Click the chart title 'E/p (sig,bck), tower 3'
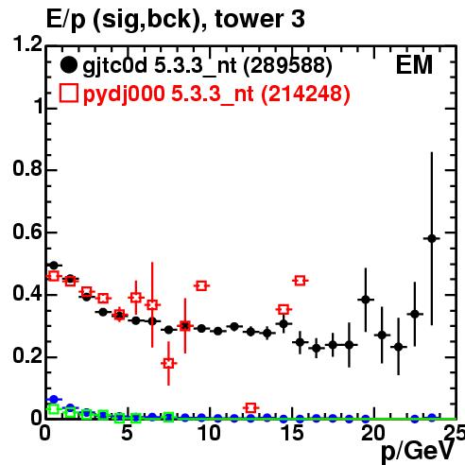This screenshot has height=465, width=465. (x=176, y=20)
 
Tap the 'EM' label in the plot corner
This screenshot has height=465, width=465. (x=414, y=65)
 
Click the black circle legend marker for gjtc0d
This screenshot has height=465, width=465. (x=68, y=65)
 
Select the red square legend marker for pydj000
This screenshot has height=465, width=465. (x=68, y=94)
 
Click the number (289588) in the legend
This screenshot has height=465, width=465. (x=288, y=66)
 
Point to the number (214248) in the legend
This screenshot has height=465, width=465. (x=305, y=95)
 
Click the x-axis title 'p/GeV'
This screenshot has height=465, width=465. (x=417, y=451)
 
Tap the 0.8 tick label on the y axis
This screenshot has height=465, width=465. (x=27, y=168)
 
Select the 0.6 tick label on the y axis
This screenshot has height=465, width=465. (x=27, y=232)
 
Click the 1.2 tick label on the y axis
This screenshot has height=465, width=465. (x=27, y=43)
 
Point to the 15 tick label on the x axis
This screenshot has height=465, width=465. (x=293, y=433)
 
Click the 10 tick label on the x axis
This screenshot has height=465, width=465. (x=210, y=433)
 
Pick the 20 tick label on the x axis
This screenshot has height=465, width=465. (x=373, y=433)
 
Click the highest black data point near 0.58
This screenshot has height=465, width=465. (x=432, y=238)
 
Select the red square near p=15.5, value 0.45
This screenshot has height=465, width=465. (x=300, y=281)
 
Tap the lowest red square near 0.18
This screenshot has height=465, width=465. (x=168, y=363)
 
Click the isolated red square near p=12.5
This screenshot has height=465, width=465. (x=250, y=408)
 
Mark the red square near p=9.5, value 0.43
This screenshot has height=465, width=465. (x=201, y=286)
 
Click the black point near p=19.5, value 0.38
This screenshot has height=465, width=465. (x=366, y=300)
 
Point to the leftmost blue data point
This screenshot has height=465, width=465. (x=54, y=400)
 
